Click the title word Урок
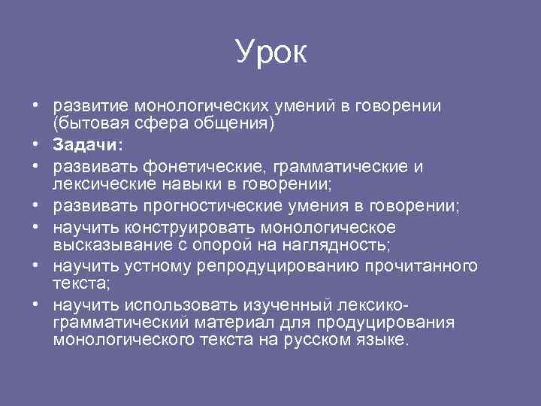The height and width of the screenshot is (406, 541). click(270, 51)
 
